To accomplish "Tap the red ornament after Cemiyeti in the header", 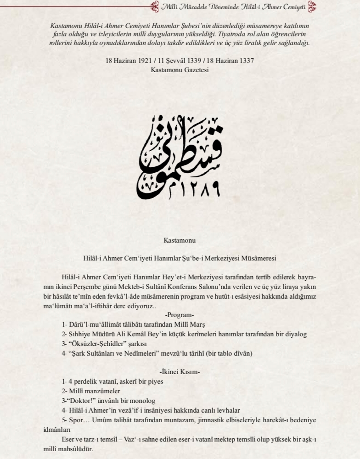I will tap(313, 6).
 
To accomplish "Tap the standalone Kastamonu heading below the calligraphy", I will tap(180, 240).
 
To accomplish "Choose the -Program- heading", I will tap(180, 315).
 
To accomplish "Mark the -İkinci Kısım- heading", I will tap(180, 372).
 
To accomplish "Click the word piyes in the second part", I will tap(155, 381).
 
